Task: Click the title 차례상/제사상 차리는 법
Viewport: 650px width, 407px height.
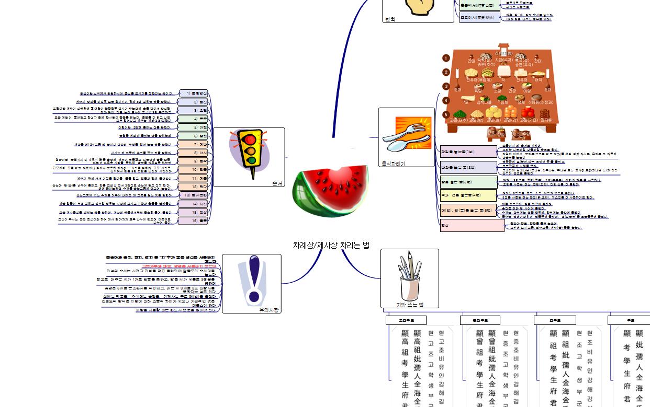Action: click(x=331, y=245)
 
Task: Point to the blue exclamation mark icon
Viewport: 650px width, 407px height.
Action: click(x=254, y=280)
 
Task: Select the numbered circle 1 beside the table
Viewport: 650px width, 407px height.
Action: click(x=446, y=59)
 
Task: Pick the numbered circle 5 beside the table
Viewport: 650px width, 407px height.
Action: click(x=446, y=114)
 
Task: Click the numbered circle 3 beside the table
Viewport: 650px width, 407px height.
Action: click(x=446, y=86)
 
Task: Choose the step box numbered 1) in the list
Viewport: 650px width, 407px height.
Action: click(x=193, y=94)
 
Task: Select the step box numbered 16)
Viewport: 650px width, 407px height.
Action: click(x=193, y=221)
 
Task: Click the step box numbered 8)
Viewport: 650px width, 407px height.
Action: click(x=193, y=153)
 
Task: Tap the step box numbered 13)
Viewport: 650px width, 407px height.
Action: click(x=193, y=195)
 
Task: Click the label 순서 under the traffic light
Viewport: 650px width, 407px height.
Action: click(x=277, y=183)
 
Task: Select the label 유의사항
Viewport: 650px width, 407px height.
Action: click(x=269, y=310)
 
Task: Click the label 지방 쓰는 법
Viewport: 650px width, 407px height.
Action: click(x=409, y=305)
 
